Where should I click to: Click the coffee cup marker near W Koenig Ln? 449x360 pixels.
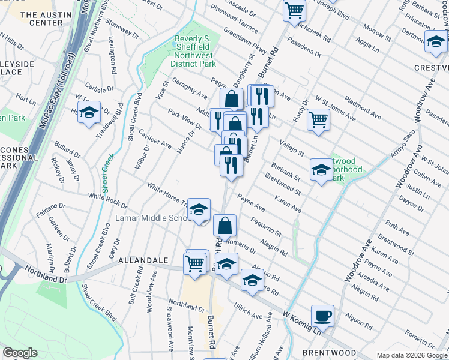coord(322,315)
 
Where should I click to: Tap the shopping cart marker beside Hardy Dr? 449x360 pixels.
coord(318,119)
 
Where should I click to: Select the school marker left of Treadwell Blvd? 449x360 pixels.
coord(89,113)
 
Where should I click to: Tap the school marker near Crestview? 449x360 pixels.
coord(436,42)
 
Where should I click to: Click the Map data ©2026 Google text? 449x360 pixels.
coord(412,355)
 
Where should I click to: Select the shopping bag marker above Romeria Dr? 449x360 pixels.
coord(224,226)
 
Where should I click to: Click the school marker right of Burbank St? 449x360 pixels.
coord(321,170)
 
